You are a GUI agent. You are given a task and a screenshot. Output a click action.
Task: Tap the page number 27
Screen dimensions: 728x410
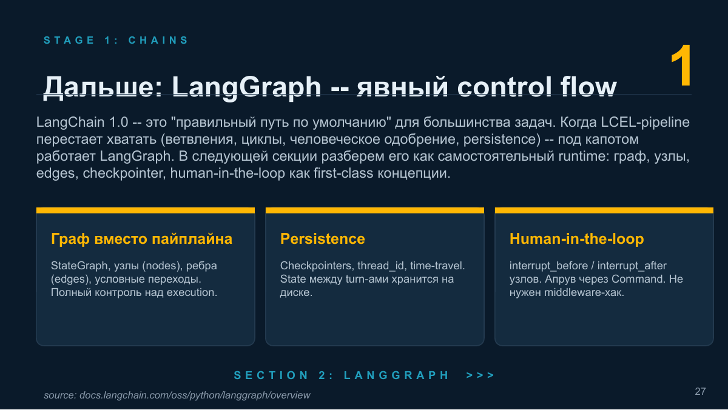700,391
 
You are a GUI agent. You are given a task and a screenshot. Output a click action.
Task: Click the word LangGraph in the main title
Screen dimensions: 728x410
246,87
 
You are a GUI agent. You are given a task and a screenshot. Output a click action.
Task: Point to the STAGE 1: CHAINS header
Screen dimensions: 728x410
116,40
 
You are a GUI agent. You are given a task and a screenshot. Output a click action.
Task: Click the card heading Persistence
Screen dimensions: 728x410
322,239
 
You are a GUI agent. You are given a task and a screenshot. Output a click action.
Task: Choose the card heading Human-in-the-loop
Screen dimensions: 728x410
576,239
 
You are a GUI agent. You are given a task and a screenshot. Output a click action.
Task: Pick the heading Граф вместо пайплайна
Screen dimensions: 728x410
141,239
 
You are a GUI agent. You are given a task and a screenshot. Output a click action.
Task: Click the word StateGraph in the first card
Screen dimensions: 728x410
79,266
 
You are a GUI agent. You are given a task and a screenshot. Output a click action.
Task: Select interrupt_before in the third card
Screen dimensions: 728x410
548,266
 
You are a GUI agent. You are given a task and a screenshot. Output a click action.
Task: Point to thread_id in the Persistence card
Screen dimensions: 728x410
380,266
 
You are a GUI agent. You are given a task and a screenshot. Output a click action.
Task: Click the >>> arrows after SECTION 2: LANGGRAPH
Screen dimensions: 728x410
480,375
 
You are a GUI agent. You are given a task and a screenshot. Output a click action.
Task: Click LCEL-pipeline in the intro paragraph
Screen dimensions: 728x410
645,123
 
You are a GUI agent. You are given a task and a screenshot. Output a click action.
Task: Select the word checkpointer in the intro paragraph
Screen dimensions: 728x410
123,173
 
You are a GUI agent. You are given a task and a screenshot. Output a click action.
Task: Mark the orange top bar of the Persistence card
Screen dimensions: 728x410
375,210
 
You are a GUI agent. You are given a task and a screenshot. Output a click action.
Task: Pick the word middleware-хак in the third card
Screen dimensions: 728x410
584,292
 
